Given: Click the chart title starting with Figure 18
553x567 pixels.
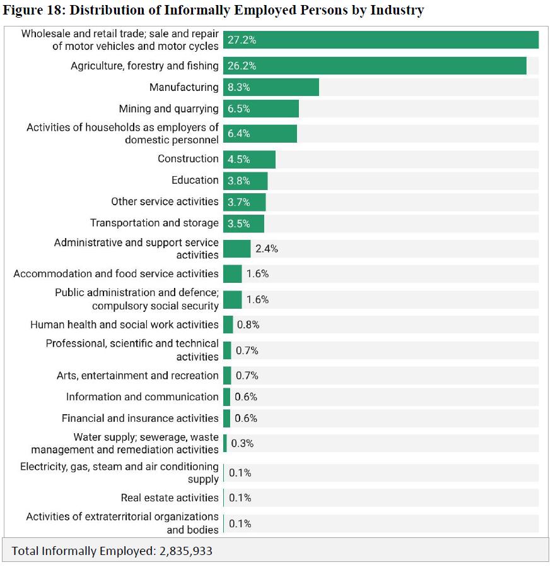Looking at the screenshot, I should point(213,10).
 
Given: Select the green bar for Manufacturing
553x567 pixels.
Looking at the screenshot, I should point(271,87).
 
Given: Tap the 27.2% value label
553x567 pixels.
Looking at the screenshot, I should point(242,40).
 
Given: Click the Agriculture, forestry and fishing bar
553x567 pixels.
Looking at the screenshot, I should point(375,66).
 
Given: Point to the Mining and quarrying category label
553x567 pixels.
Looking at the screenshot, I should point(168,109).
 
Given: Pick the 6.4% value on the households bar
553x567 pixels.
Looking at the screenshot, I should point(239,134).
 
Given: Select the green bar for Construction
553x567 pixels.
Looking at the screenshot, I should point(249,159).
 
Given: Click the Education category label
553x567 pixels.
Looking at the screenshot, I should point(195,180).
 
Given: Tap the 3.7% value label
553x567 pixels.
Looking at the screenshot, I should point(239,202).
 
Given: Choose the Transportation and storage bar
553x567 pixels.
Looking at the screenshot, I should point(243,224).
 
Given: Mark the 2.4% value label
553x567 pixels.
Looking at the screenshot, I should point(266,249).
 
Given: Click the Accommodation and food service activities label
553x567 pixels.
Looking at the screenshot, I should point(116,273).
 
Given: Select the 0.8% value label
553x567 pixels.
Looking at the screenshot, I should point(248,325).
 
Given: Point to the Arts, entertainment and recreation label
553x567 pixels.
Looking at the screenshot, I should point(137,376).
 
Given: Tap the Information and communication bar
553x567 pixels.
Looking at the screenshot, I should point(226,397).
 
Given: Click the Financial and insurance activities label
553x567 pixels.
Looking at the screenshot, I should point(140,418).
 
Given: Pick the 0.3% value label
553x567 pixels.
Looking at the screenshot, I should point(242,443).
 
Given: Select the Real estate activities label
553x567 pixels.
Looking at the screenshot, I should point(170,498).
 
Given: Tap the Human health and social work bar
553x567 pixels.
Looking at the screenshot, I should point(228,325).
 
